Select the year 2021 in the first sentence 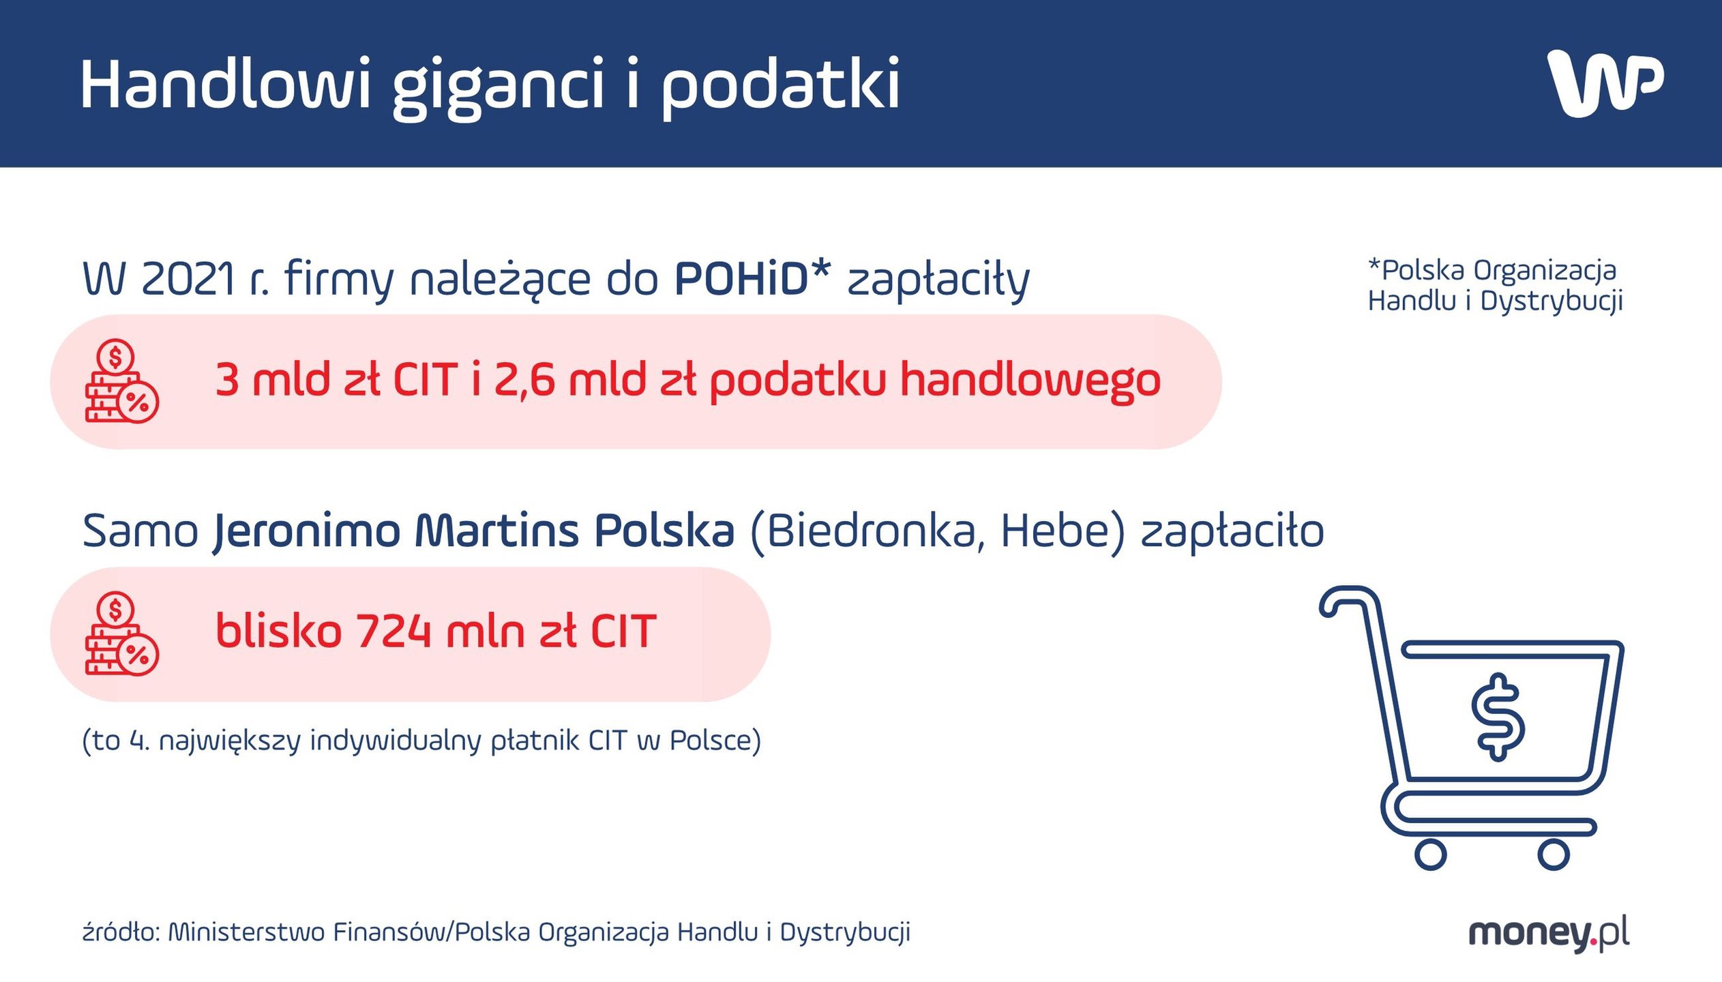coord(188,279)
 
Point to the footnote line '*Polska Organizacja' coord(1492,271)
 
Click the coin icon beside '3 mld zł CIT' coord(121,382)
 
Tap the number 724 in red coord(394,631)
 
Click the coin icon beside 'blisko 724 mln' coord(121,634)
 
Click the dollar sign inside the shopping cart coord(1497,717)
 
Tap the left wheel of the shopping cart coord(1430,854)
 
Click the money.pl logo coord(1549,933)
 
